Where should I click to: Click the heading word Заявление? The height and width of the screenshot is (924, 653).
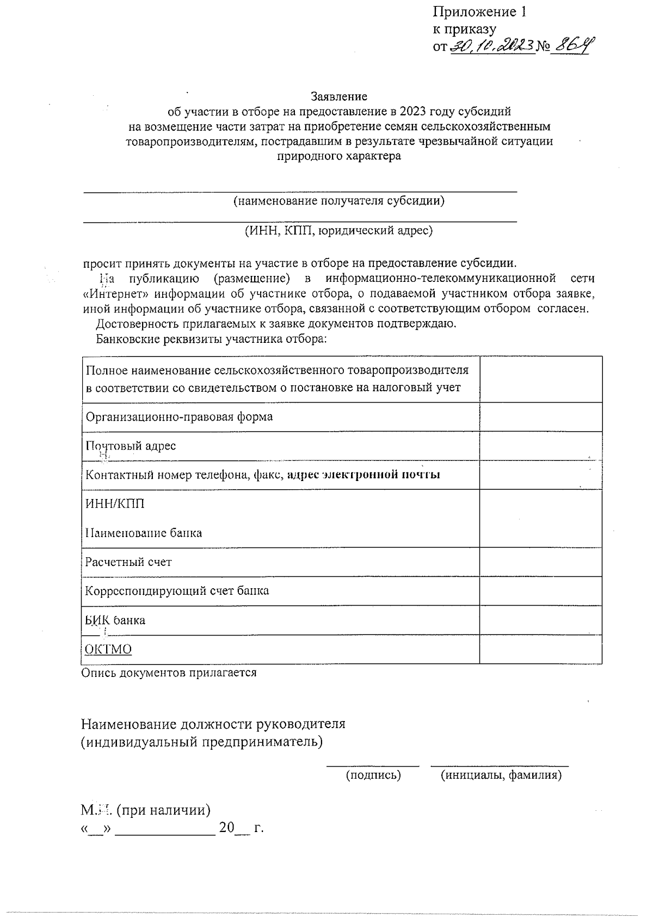pyautogui.click(x=338, y=96)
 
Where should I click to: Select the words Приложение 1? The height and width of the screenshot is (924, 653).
pyautogui.click(x=479, y=12)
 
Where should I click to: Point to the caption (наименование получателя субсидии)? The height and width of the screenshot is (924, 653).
pyautogui.click(x=338, y=201)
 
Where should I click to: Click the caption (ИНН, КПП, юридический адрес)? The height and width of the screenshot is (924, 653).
pyautogui.click(x=338, y=230)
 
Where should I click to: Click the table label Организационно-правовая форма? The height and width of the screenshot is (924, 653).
pyautogui.click(x=179, y=417)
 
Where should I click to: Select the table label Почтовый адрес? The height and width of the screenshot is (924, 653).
pyautogui.click(x=131, y=446)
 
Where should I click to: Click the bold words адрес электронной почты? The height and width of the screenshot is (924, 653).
pyautogui.click(x=364, y=475)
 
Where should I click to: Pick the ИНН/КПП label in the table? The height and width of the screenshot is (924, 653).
pyautogui.click(x=115, y=503)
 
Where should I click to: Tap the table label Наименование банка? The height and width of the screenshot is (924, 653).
pyautogui.click(x=143, y=533)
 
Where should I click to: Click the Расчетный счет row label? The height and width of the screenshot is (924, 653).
pyautogui.click(x=128, y=562)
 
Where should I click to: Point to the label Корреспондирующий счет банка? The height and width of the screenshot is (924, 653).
pyautogui.click(x=177, y=590)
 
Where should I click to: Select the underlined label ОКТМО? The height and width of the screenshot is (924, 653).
pyautogui.click(x=108, y=649)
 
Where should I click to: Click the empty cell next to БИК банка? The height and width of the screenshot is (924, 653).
pyautogui.click(x=540, y=620)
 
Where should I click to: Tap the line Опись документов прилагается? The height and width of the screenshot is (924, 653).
pyautogui.click(x=169, y=673)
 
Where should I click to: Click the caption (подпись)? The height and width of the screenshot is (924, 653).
pyautogui.click(x=373, y=775)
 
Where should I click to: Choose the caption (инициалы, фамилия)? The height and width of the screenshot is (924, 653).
pyautogui.click(x=501, y=775)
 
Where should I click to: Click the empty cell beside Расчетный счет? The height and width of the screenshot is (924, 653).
pyautogui.click(x=540, y=562)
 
